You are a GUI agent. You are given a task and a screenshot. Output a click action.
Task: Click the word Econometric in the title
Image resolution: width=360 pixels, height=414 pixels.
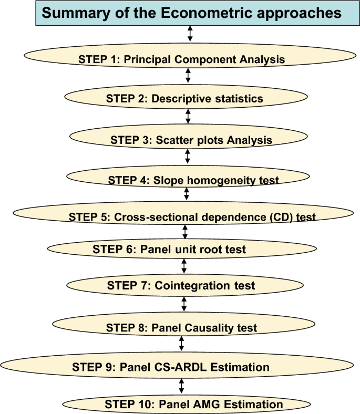[207, 13]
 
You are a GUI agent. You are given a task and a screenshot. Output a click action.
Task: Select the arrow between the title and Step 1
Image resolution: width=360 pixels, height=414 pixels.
[190, 33]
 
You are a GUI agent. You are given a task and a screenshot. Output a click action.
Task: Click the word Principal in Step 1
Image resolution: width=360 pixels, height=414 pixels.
[147, 60]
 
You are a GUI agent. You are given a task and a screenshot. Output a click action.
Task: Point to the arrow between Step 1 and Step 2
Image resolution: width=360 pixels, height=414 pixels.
[188, 75]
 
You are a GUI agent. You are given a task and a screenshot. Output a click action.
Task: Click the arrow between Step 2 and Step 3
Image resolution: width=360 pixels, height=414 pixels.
[188, 116]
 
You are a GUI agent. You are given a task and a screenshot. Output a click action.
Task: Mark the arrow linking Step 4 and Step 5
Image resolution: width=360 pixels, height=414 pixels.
[187, 193]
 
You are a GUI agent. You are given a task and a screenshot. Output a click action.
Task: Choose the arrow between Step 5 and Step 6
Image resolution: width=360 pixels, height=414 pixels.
[185, 232]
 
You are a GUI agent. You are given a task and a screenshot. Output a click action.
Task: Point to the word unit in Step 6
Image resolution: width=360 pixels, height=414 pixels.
[187, 250]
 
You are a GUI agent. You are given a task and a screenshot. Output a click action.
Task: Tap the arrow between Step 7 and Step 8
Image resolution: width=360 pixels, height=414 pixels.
[184, 304]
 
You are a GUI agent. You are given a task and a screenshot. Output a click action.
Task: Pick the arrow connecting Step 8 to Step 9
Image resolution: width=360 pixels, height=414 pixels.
[181, 343]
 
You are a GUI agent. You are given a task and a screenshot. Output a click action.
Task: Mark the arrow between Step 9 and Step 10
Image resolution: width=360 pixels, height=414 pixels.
[181, 386]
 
